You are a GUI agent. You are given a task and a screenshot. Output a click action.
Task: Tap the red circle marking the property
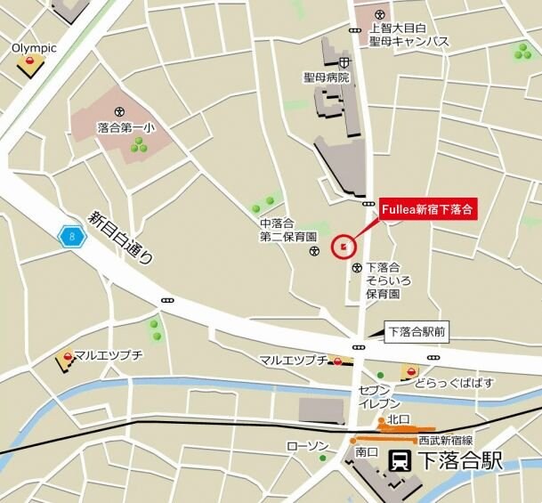click(344, 247)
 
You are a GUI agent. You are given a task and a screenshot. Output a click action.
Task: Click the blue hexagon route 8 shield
click(71, 236)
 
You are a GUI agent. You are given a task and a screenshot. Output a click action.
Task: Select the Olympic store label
click(34, 47)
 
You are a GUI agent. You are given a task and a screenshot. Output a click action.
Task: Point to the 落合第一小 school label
click(126, 127)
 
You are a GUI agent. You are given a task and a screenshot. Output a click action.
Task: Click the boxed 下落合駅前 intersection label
click(417, 332)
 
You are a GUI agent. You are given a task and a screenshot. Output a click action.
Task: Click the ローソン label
click(309, 445)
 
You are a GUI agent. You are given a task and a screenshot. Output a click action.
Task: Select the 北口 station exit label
click(397, 419)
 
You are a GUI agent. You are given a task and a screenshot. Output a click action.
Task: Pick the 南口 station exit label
click(367, 452)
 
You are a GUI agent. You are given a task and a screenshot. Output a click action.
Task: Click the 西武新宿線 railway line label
click(445, 440)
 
